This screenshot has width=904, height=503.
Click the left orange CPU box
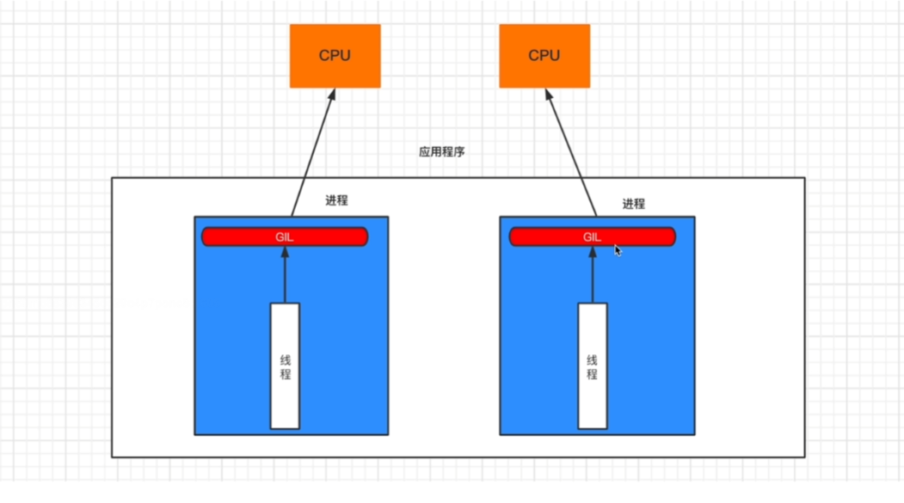click(335, 56)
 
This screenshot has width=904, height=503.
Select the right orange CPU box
click(544, 56)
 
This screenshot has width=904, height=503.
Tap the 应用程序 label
click(442, 152)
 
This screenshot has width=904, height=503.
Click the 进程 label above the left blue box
click(336, 200)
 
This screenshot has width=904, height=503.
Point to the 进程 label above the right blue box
click(633, 204)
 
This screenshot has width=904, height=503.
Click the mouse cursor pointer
click(618, 250)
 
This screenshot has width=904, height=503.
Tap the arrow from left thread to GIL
click(285, 275)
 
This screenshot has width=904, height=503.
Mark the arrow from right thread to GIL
click(592, 275)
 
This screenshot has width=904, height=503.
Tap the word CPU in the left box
click(335, 56)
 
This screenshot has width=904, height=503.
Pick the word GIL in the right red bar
click(592, 236)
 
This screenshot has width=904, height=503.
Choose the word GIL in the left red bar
click(285, 236)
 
